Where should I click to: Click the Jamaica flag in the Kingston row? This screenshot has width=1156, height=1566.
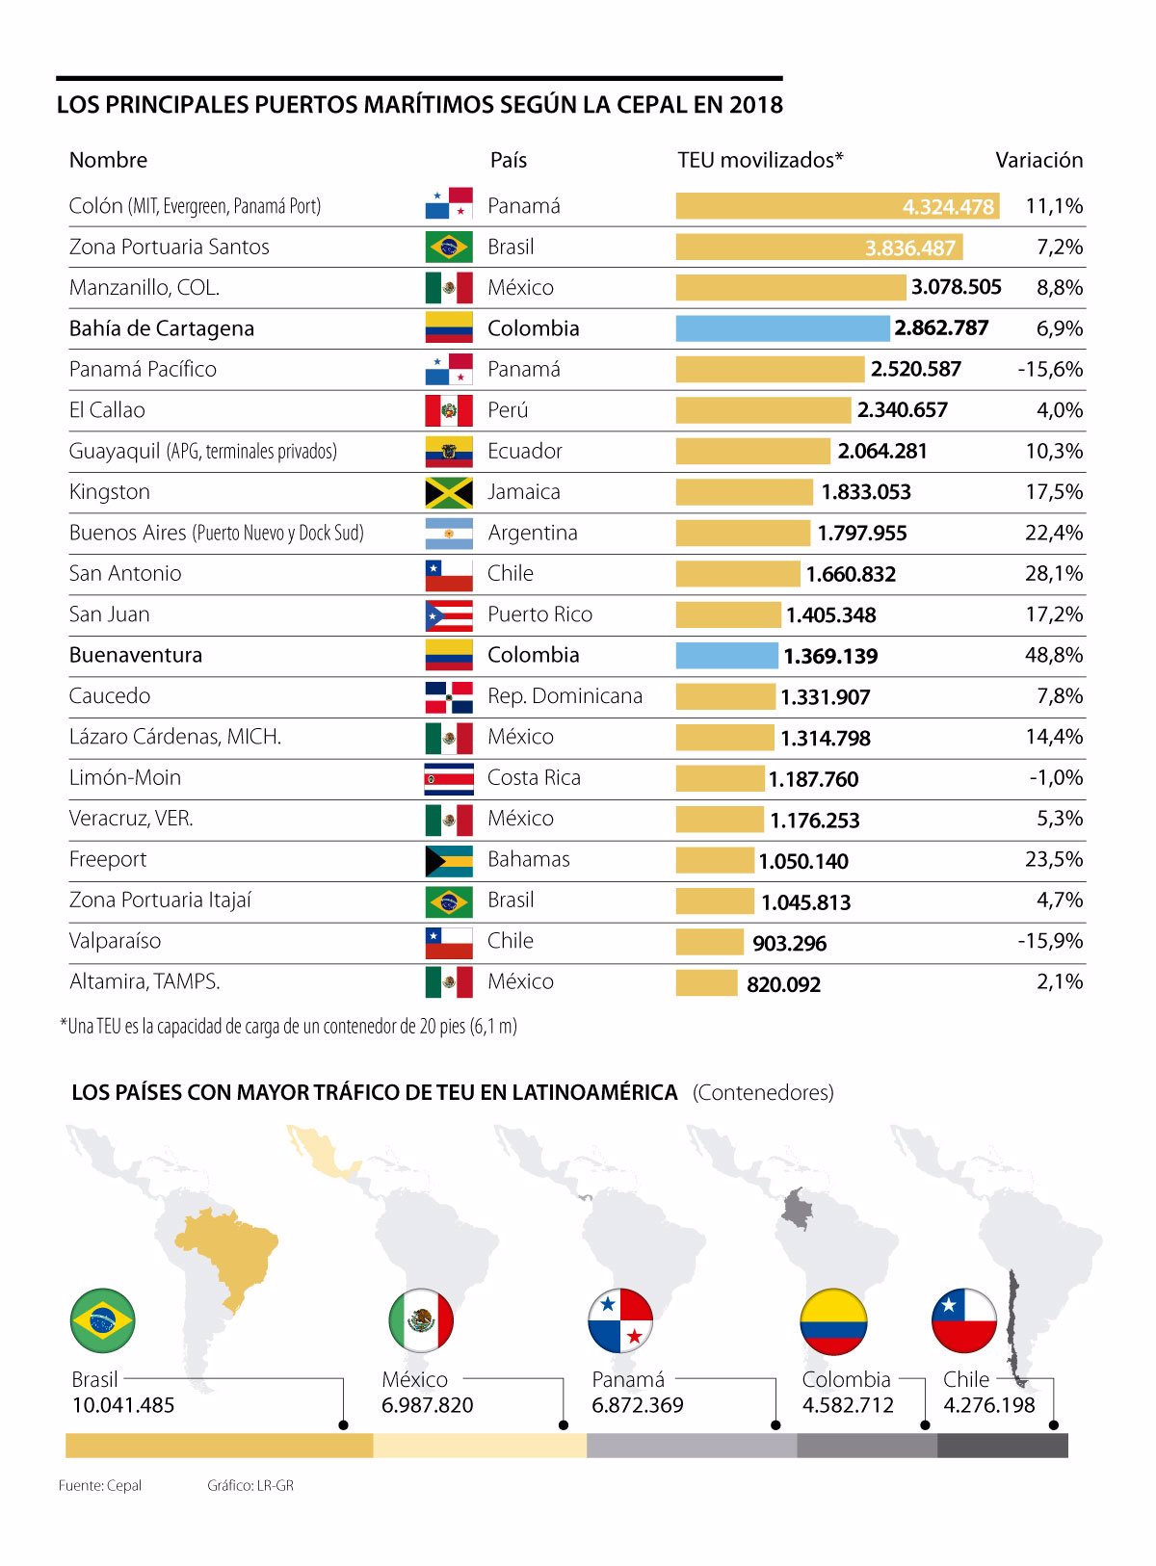449,492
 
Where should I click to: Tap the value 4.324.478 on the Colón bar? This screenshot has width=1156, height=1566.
947,207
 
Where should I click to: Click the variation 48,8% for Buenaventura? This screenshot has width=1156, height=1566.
1053,655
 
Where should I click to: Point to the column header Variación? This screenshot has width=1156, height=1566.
1038,160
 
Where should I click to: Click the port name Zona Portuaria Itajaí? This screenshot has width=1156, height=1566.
160,900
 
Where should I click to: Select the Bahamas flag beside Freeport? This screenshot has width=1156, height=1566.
449,860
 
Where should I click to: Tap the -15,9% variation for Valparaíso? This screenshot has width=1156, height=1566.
1049,941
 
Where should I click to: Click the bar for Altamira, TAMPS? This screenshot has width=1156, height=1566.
706,983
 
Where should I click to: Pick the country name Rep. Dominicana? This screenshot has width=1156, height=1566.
565,696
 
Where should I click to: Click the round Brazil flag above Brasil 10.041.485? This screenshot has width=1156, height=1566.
102,1320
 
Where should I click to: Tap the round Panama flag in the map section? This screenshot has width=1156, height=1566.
620,1320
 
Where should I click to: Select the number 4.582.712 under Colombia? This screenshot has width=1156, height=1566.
848,1405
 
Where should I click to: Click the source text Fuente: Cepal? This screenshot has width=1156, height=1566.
99,1485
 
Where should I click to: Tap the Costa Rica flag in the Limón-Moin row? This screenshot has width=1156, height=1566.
449,778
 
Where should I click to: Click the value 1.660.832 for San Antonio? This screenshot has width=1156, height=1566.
851,575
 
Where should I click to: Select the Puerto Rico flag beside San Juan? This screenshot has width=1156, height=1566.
449,614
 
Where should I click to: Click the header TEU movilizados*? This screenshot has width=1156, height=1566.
760,160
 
